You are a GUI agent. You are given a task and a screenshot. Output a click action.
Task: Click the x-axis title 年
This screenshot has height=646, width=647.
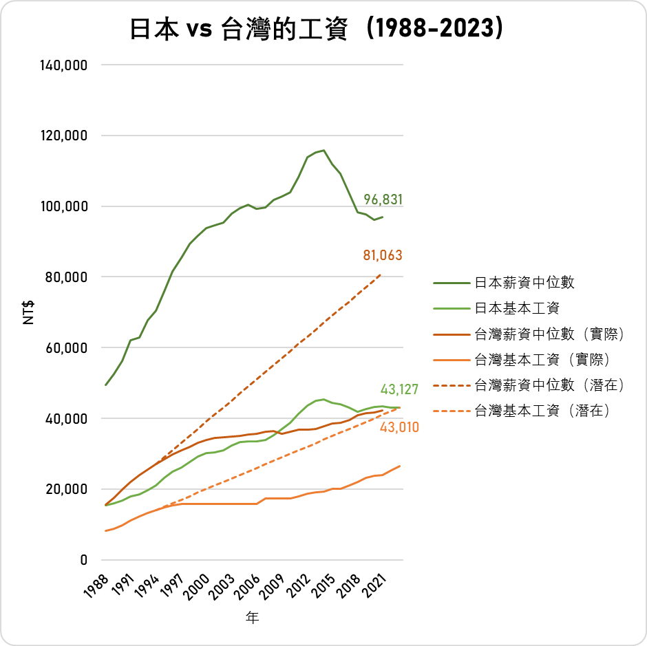click(x=253, y=618)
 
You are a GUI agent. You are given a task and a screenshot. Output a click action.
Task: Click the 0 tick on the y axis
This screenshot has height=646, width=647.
click(x=83, y=560)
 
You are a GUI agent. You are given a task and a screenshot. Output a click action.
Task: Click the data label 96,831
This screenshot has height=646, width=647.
click(x=383, y=200)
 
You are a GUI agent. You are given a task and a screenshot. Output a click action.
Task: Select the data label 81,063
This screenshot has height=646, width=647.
click(x=383, y=255)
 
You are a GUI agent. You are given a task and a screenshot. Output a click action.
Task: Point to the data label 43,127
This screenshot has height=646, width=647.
click(x=399, y=389)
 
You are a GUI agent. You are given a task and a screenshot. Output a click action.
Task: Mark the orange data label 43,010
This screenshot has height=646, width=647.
click(x=399, y=427)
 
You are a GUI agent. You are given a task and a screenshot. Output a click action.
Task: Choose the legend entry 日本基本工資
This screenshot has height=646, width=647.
click(x=516, y=308)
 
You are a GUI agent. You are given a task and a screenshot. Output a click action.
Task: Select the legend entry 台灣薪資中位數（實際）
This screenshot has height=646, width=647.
click(x=549, y=334)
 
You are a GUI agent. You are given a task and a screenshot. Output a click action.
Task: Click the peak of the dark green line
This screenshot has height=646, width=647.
click(x=323, y=150)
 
